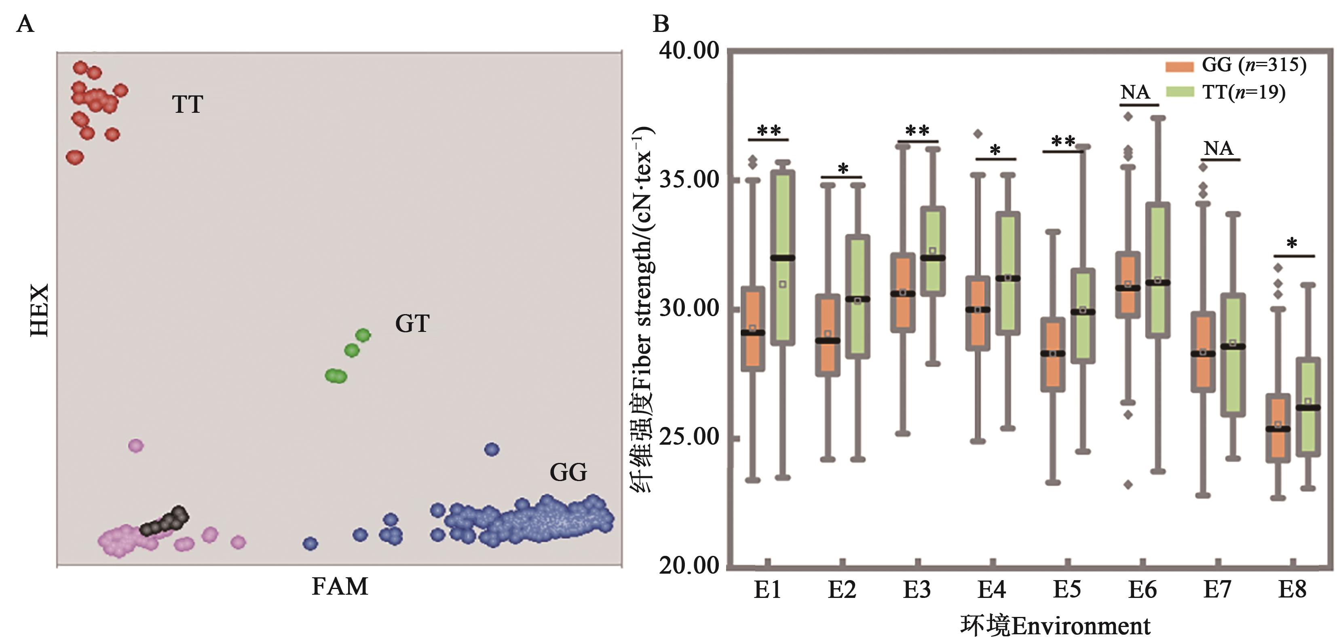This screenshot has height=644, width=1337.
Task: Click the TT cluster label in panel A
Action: (x=187, y=104)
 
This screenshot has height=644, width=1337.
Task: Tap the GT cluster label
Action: (x=412, y=323)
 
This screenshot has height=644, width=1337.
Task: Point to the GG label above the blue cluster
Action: (x=568, y=472)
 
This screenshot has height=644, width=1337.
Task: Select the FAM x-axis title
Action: (x=340, y=587)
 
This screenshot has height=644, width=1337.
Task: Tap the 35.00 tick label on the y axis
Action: (x=689, y=179)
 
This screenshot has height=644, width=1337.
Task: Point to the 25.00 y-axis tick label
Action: (x=689, y=437)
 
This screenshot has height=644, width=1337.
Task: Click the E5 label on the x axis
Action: (x=1067, y=589)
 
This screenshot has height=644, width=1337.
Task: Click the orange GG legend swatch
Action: (x=1179, y=66)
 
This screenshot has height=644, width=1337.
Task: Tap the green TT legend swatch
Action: (x=1179, y=92)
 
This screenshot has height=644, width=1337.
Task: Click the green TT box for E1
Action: (x=783, y=258)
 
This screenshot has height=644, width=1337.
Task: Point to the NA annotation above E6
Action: (x=1135, y=92)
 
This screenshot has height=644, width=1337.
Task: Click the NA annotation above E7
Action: (x=1218, y=148)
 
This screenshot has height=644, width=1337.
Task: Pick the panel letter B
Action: (x=661, y=24)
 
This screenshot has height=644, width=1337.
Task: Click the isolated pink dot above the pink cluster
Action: (x=135, y=445)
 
